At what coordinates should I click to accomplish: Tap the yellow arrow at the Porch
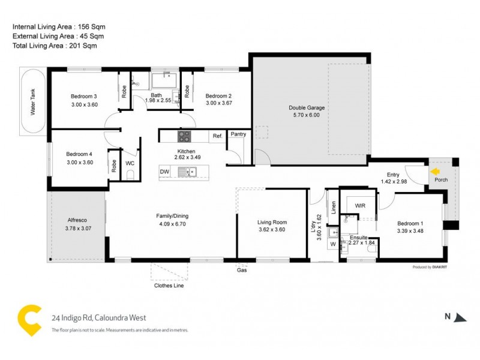tap(435, 171)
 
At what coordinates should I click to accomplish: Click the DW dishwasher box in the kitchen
tap(164, 172)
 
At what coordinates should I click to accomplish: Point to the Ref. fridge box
tap(217, 136)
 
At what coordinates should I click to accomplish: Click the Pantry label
tap(238, 134)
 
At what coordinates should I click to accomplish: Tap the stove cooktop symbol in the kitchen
tap(184, 136)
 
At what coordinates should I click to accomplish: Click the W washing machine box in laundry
tap(333, 244)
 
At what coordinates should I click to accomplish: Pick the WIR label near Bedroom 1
tap(359, 206)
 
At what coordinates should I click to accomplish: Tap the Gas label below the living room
tap(242, 271)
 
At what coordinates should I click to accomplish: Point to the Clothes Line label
tap(169, 286)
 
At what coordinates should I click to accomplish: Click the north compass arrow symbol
tap(460, 317)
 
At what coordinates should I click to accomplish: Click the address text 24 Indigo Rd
tap(98, 318)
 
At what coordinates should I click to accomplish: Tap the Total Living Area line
tap(55, 46)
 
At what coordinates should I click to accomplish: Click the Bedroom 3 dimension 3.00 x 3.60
tap(84, 104)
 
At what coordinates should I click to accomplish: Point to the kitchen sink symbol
tap(193, 172)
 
